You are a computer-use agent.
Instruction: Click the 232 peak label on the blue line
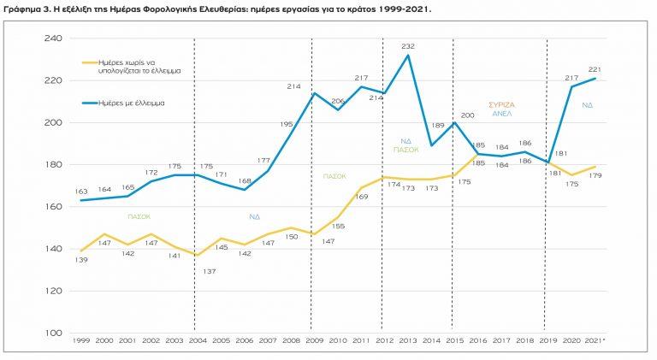pyautogui.click(x=407, y=46)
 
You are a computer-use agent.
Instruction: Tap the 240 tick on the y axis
pyautogui.click(x=53, y=38)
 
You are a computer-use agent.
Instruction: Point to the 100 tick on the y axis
pyautogui.click(x=53, y=333)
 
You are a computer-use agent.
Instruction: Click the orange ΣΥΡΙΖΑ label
pyautogui.click(x=501, y=104)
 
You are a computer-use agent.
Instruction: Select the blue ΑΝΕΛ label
pyautogui.click(x=501, y=113)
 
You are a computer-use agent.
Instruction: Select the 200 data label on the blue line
pyautogui.click(x=467, y=115)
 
